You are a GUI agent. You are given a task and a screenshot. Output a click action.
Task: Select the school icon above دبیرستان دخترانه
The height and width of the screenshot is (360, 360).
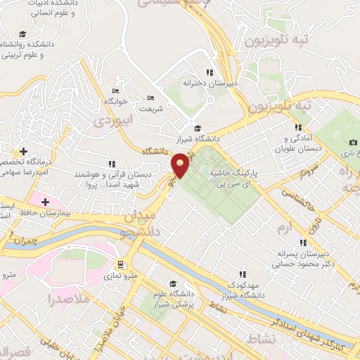209,72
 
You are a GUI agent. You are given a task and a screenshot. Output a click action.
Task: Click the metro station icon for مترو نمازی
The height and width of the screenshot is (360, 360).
120,265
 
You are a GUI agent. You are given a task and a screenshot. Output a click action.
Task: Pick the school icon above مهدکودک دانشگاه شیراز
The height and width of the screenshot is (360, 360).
243,274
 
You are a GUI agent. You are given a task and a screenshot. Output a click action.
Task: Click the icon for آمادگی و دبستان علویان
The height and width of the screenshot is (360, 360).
299,127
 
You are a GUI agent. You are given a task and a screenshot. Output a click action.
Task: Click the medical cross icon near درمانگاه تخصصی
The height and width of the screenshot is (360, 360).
23,151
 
